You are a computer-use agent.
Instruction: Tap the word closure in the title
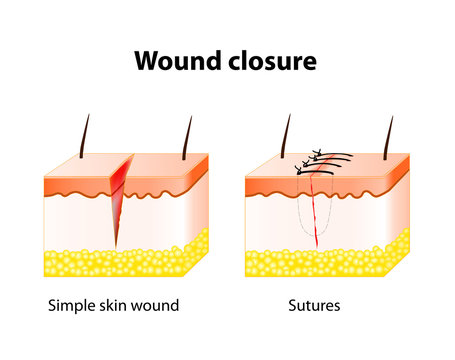tap(271, 62)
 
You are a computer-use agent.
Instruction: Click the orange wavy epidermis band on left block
tap(70, 185)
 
